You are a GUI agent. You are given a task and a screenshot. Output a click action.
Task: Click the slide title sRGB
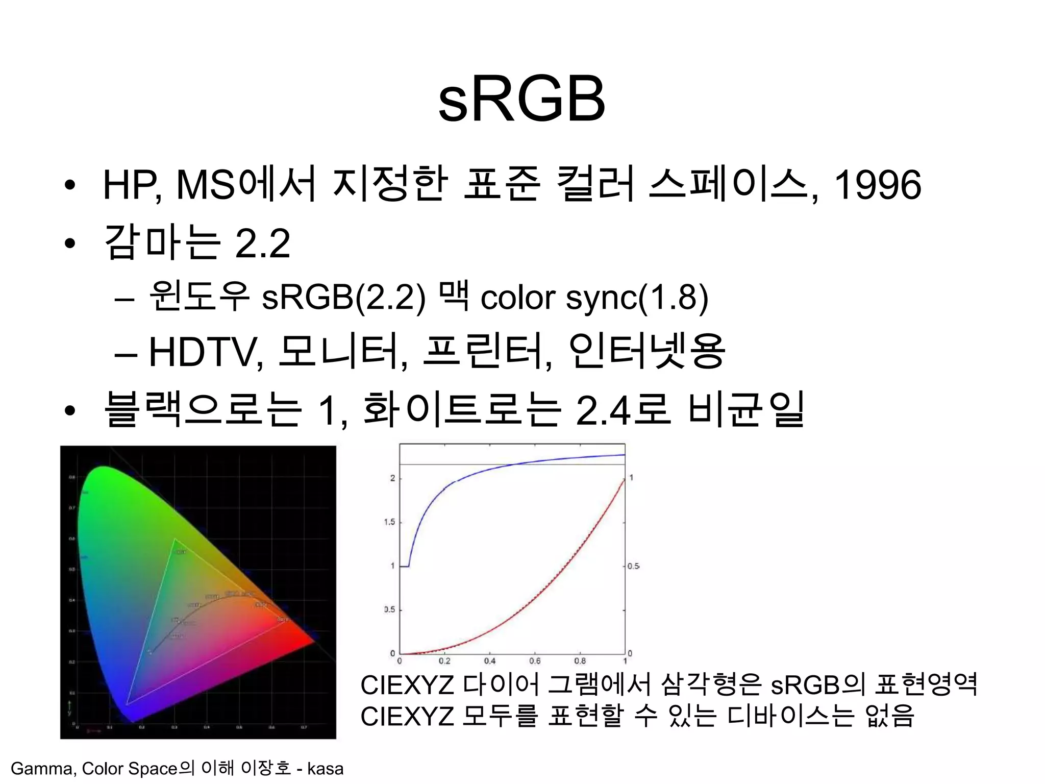pyautogui.click(x=522, y=99)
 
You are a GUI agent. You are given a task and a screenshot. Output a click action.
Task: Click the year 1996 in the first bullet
pyautogui.click(x=877, y=185)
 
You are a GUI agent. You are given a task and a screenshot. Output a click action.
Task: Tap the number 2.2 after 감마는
pyautogui.click(x=262, y=243)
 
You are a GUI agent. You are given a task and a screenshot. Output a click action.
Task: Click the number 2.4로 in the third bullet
pyautogui.click(x=622, y=410)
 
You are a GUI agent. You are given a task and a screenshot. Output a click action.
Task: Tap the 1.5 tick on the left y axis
pyautogui.click(x=389, y=522)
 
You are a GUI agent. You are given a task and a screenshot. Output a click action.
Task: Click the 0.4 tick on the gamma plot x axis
pyautogui.click(x=489, y=661)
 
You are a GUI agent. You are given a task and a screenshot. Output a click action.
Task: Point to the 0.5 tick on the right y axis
pyautogui.click(x=633, y=566)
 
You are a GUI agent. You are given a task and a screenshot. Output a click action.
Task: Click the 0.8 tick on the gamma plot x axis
pyautogui.click(x=580, y=661)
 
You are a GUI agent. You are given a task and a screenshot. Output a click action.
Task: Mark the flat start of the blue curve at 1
pyautogui.click(x=404, y=566)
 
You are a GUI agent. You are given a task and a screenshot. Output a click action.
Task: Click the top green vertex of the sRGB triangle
pyautogui.click(x=175, y=539)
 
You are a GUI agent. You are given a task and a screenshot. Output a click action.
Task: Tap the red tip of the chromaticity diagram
pyautogui.click(x=312, y=641)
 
